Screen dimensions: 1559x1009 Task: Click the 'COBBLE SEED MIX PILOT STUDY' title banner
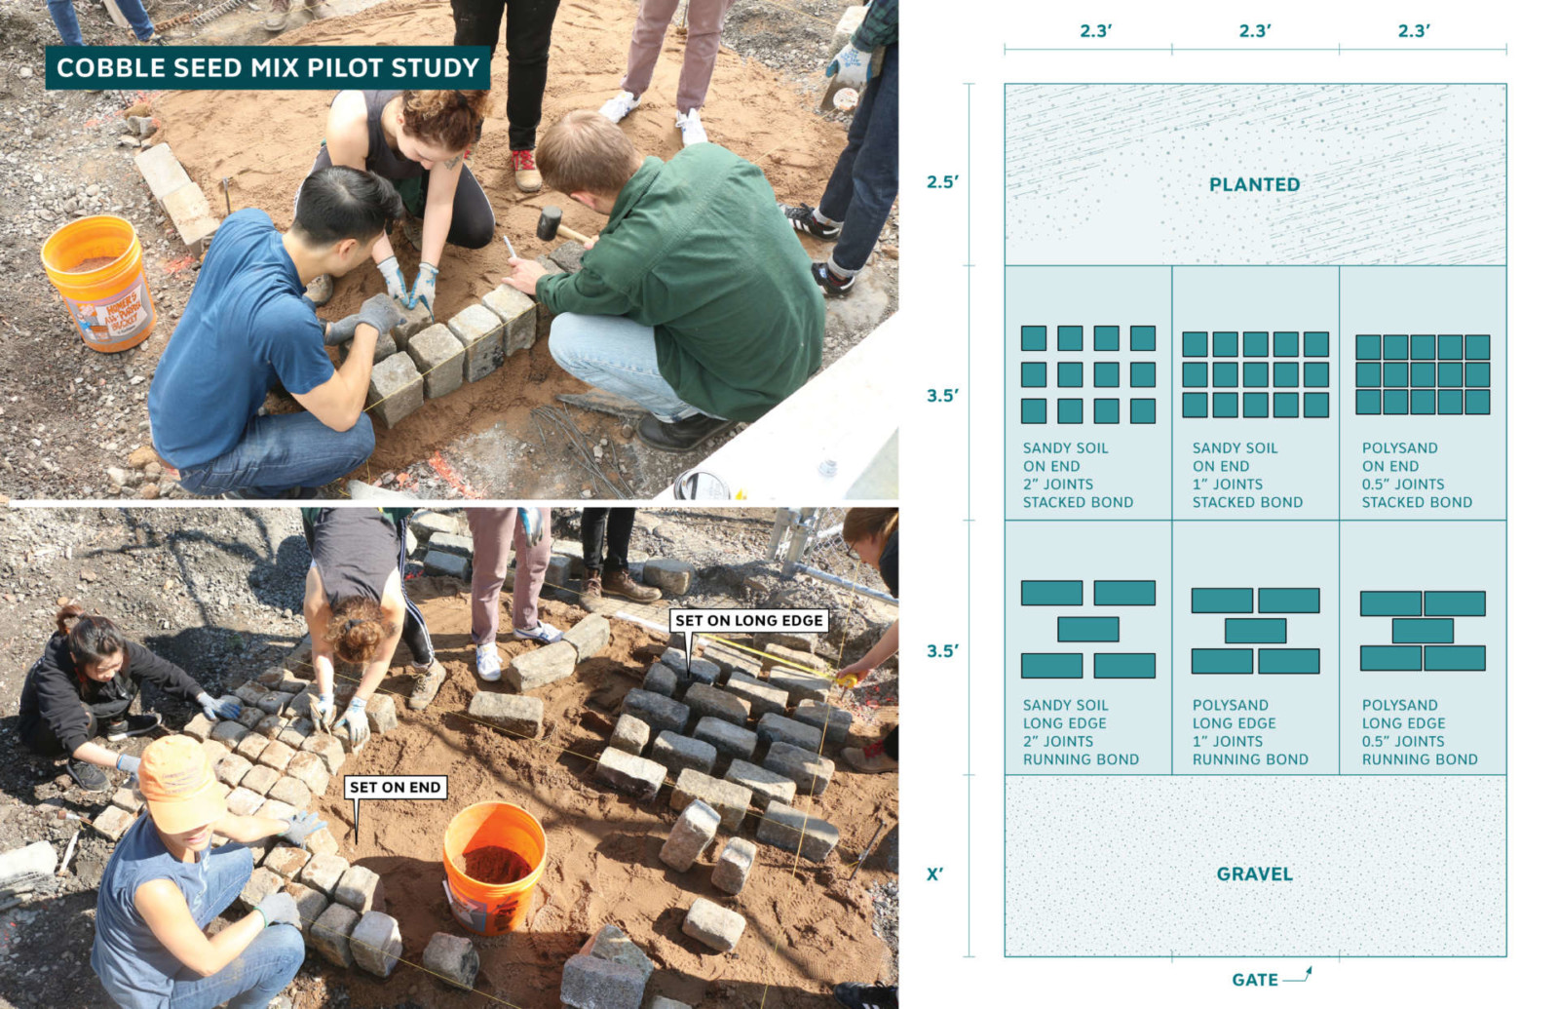(x=267, y=67)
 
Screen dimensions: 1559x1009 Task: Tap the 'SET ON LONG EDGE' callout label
(x=749, y=620)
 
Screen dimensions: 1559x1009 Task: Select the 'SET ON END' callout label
(x=396, y=787)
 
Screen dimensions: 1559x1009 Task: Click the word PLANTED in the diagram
(x=1254, y=184)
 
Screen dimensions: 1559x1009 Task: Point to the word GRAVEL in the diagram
(x=1254, y=873)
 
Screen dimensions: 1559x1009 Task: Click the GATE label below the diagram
(x=1255, y=980)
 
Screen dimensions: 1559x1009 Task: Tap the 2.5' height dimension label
(x=942, y=181)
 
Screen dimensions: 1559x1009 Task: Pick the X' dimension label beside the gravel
(x=934, y=873)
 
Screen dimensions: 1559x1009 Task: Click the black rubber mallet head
(x=550, y=222)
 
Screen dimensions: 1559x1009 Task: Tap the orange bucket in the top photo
(x=98, y=283)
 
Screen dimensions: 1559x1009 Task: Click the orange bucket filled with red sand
(x=494, y=867)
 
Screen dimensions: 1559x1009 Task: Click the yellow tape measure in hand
(x=848, y=679)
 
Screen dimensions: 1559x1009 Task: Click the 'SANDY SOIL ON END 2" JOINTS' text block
(x=1078, y=475)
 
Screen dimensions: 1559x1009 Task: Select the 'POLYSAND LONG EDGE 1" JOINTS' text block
(x=1250, y=732)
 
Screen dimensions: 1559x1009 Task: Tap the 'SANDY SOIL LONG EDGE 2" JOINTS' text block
(x=1081, y=732)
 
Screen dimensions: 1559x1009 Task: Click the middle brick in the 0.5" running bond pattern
(x=1423, y=631)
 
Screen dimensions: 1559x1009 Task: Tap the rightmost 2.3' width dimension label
(x=1414, y=30)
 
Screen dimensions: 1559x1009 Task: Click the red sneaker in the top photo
(x=526, y=170)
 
